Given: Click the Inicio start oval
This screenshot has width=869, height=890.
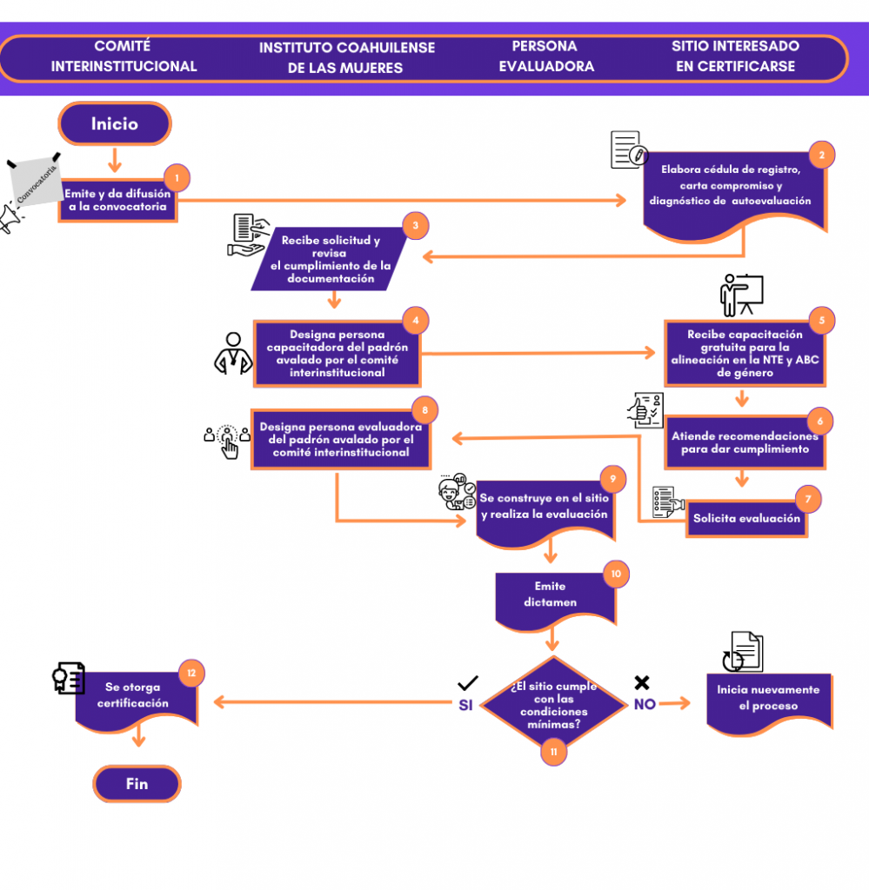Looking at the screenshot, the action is pos(115,123).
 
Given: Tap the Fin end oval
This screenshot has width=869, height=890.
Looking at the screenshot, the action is pos(137,784).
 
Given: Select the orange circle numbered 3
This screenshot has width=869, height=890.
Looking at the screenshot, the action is pos(415,225).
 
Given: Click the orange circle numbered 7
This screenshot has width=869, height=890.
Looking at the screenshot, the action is pos(807,499).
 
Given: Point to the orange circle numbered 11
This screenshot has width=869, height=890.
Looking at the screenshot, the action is pos(554,752).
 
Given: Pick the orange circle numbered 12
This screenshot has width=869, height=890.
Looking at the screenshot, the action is pos(191,674).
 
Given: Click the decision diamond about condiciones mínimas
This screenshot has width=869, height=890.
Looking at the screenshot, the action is pos(553,704).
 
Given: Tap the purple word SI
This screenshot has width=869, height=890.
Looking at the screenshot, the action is pos(465,705).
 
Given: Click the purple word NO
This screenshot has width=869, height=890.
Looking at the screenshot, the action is pos(645,704).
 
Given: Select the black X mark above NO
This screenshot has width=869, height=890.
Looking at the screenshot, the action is pos(642,682).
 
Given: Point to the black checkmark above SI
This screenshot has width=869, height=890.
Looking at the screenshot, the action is pos(468,683).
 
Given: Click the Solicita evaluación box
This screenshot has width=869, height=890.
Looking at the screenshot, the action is pos(747,519).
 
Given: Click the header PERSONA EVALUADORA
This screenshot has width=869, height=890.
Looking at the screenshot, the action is pos(546,56).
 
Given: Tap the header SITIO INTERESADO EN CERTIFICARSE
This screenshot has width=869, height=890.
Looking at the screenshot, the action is pos(736,56).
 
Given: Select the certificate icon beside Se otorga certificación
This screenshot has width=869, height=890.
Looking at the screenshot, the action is pos(69,678).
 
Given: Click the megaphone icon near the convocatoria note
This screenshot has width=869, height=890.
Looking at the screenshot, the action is pos(10,217).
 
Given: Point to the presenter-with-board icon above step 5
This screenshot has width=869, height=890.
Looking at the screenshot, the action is pos(741,296).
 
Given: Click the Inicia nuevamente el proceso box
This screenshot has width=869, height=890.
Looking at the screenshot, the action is pos(769,704).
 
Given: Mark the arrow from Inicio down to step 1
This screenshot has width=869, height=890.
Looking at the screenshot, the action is pos(115,160).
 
